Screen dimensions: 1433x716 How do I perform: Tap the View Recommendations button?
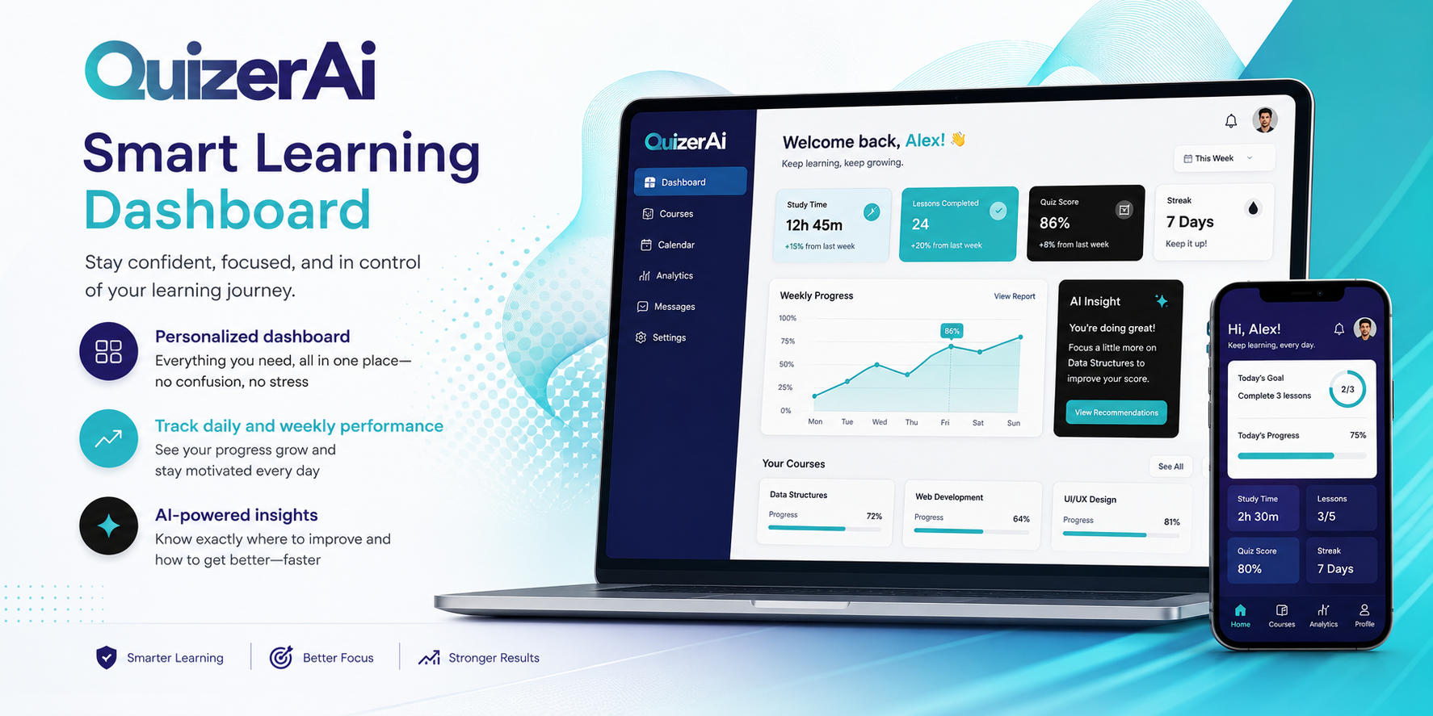(x=1116, y=412)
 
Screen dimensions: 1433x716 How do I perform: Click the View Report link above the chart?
(x=1015, y=296)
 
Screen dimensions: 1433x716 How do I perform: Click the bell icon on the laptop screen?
(x=1231, y=121)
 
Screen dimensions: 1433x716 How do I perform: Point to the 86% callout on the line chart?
(x=952, y=331)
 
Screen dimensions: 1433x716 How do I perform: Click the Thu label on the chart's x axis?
(x=911, y=422)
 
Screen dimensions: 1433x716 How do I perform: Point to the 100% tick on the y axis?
(x=788, y=318)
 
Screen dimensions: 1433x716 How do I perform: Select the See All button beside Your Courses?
(x=1170, y=467)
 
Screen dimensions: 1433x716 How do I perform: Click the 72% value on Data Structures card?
(x=874, y=517)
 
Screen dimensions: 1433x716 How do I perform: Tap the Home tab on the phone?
(x=1241, y=616)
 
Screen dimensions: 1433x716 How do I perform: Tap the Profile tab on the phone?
(x=1364, y=616)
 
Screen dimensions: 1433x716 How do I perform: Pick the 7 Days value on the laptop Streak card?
(x=1190, y=222)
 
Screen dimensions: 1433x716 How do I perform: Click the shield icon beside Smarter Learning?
(x=107, y=658)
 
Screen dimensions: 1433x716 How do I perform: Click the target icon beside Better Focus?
(x=281, y=657)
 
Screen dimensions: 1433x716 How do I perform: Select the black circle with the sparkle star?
(x=109, y=525)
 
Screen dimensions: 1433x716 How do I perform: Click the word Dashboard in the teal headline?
(x=227, y=210)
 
